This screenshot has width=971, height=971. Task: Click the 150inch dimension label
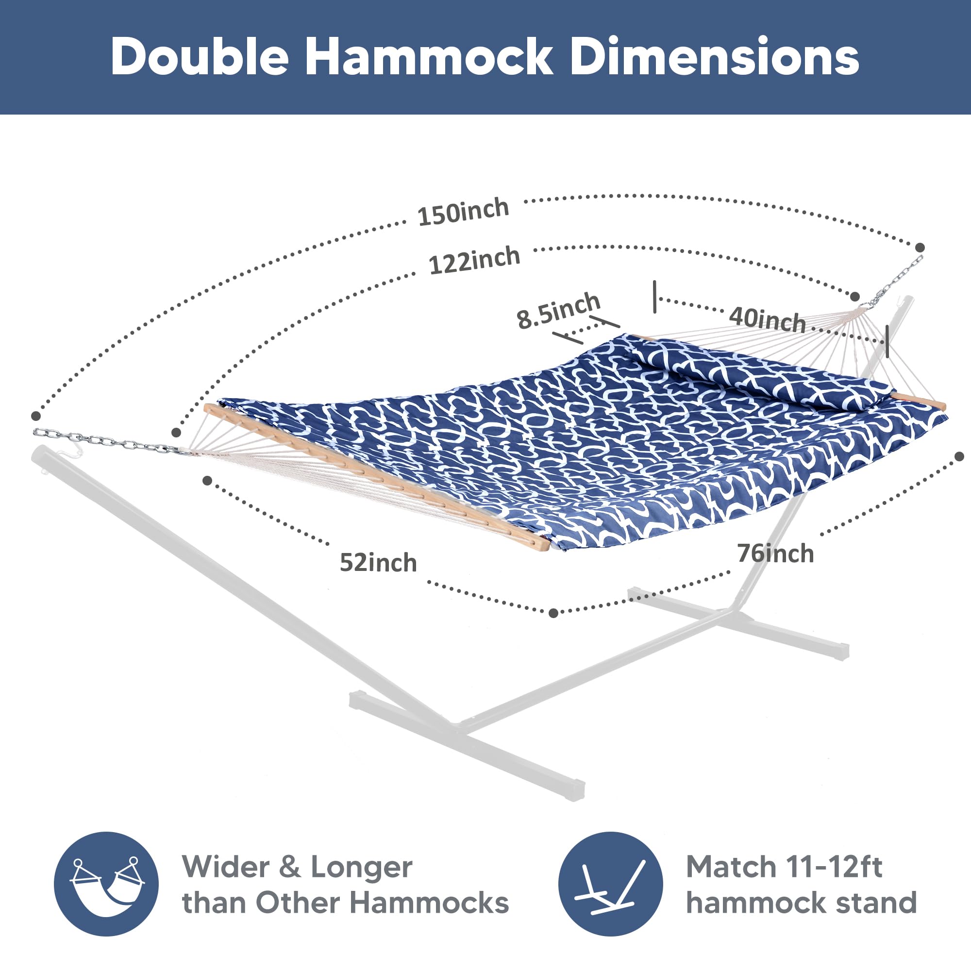[463, 212]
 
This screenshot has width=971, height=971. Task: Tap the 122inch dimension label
[474, 260]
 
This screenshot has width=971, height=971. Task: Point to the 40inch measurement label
[768, 318]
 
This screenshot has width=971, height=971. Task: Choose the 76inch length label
[775, 553]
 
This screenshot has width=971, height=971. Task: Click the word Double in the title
[200, 57]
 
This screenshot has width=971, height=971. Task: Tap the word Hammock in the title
[429, 57]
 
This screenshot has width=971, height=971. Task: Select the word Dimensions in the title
[715, 57]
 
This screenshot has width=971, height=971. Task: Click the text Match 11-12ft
[784, 867]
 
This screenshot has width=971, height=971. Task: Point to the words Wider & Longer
[298, 868]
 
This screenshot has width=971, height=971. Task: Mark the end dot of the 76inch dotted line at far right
[959, 456]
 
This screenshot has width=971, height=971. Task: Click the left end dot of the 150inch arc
[35, 416]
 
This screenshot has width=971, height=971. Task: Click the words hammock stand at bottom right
[802, 903]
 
